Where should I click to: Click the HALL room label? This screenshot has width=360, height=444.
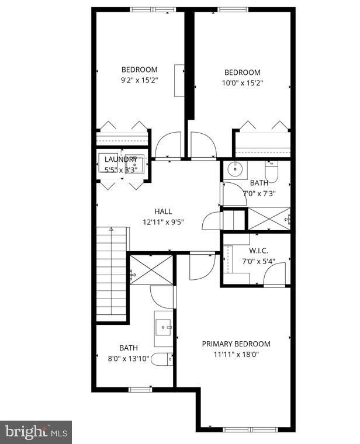pyautogui.click(x=163, y=211)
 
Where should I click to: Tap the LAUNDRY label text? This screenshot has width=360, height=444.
pyautogui.click(x=121, y=159)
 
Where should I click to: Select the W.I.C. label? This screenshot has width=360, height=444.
pyautogui.click(x=255, y=251)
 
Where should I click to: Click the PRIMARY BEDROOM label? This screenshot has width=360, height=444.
pyautogui.click(x=236, y=344)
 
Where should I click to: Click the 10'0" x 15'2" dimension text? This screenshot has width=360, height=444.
pyautogui.click(x=243, y=83)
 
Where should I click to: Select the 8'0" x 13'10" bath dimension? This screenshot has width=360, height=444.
pyautogui.click(x=128, y=358)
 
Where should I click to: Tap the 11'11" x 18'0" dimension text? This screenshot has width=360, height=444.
pyautogui.click(x=236, y=355)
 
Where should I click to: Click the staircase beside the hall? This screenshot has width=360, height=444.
pyautogui.click(x=111, y=275)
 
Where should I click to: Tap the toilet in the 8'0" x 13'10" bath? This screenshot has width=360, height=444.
pyautogui.click(x=161, y=359)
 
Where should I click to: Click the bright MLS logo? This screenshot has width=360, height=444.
pyautogui.click(x=36, y=432)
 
